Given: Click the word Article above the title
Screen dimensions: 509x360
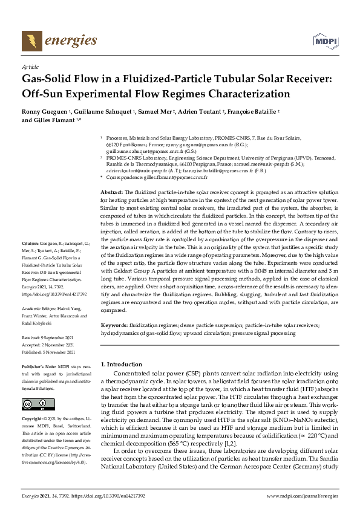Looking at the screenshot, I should point(30,66).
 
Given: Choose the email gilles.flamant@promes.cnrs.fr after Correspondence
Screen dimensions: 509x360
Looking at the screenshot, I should point(175,178).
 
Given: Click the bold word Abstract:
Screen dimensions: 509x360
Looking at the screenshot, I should point(113,191).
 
